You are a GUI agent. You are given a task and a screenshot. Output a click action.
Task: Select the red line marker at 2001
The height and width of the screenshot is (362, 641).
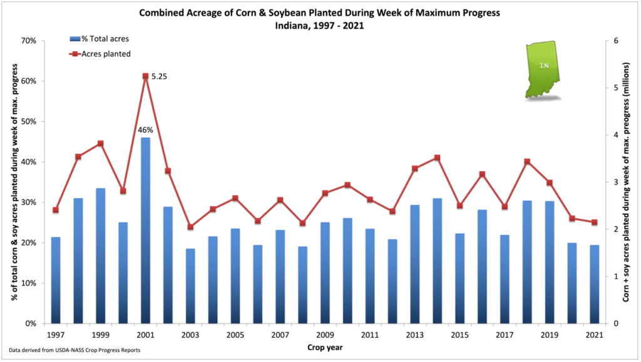[145, 76]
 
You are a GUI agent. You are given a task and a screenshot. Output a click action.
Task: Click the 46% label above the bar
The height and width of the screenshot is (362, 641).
[145, 130]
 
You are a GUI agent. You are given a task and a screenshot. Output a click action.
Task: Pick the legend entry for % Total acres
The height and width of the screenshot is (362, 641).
[100, 40]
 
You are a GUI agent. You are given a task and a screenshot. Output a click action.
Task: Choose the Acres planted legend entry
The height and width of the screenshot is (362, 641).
[100, 54]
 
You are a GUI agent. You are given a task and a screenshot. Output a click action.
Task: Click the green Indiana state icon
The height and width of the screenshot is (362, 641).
[542, 70]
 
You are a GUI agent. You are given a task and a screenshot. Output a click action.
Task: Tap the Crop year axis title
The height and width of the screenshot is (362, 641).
[324, 346]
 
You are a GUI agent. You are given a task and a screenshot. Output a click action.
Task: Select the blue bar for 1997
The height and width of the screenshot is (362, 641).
[55, 280]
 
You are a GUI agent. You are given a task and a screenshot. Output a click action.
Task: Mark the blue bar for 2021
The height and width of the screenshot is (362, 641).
[594, 284]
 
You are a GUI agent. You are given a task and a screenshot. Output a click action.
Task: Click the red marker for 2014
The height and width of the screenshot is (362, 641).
[437, 158]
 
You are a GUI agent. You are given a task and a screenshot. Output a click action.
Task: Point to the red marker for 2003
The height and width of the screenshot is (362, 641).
[190, 227]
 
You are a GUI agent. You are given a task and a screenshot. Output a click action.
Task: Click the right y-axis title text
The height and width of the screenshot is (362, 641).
[626, 182]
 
